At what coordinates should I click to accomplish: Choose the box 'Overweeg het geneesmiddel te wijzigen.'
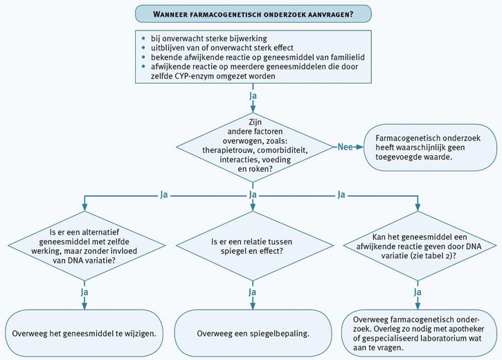point(84,333)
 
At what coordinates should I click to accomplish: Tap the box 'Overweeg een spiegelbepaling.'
point(251,333)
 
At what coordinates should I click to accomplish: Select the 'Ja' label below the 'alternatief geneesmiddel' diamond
point(84,293)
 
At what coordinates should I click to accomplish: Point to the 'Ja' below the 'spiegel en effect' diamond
point(253,293)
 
